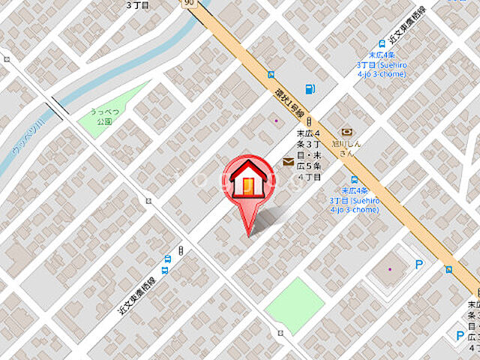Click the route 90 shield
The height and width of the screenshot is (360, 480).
click(x=187, y=4)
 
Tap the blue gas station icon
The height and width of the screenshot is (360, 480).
click(x=310, y=88)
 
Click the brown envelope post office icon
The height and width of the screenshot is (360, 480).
click(x=288, y=161)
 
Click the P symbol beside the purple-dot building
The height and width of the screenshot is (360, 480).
click(x=419, y=264)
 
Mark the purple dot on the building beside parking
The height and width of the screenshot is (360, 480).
click(x=389, y=269)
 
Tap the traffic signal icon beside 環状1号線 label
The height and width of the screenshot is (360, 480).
click(x=308, y=123)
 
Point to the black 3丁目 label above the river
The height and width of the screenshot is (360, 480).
click(x=139, y=4)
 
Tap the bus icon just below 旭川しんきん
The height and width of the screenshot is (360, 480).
click(x=354, y=180)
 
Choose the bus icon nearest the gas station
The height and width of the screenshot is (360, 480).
click(x=271, y=74)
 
